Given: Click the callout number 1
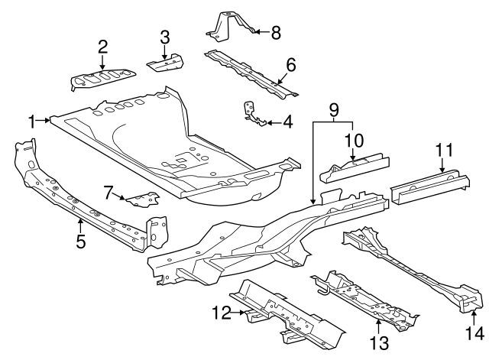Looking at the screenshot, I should click(x=32, y=121).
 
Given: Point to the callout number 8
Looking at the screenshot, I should click(x=275, y=31).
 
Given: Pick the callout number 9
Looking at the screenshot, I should click(x=332, y=110).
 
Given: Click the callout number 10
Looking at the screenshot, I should click(x=352, y=141).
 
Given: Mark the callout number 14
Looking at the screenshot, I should click(x=475, y=333).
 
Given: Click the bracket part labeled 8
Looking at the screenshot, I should click(x=229, y=24).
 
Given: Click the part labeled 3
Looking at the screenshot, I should click(x=167, y=62).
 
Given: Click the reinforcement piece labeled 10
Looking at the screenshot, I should click(x=355, y=168).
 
